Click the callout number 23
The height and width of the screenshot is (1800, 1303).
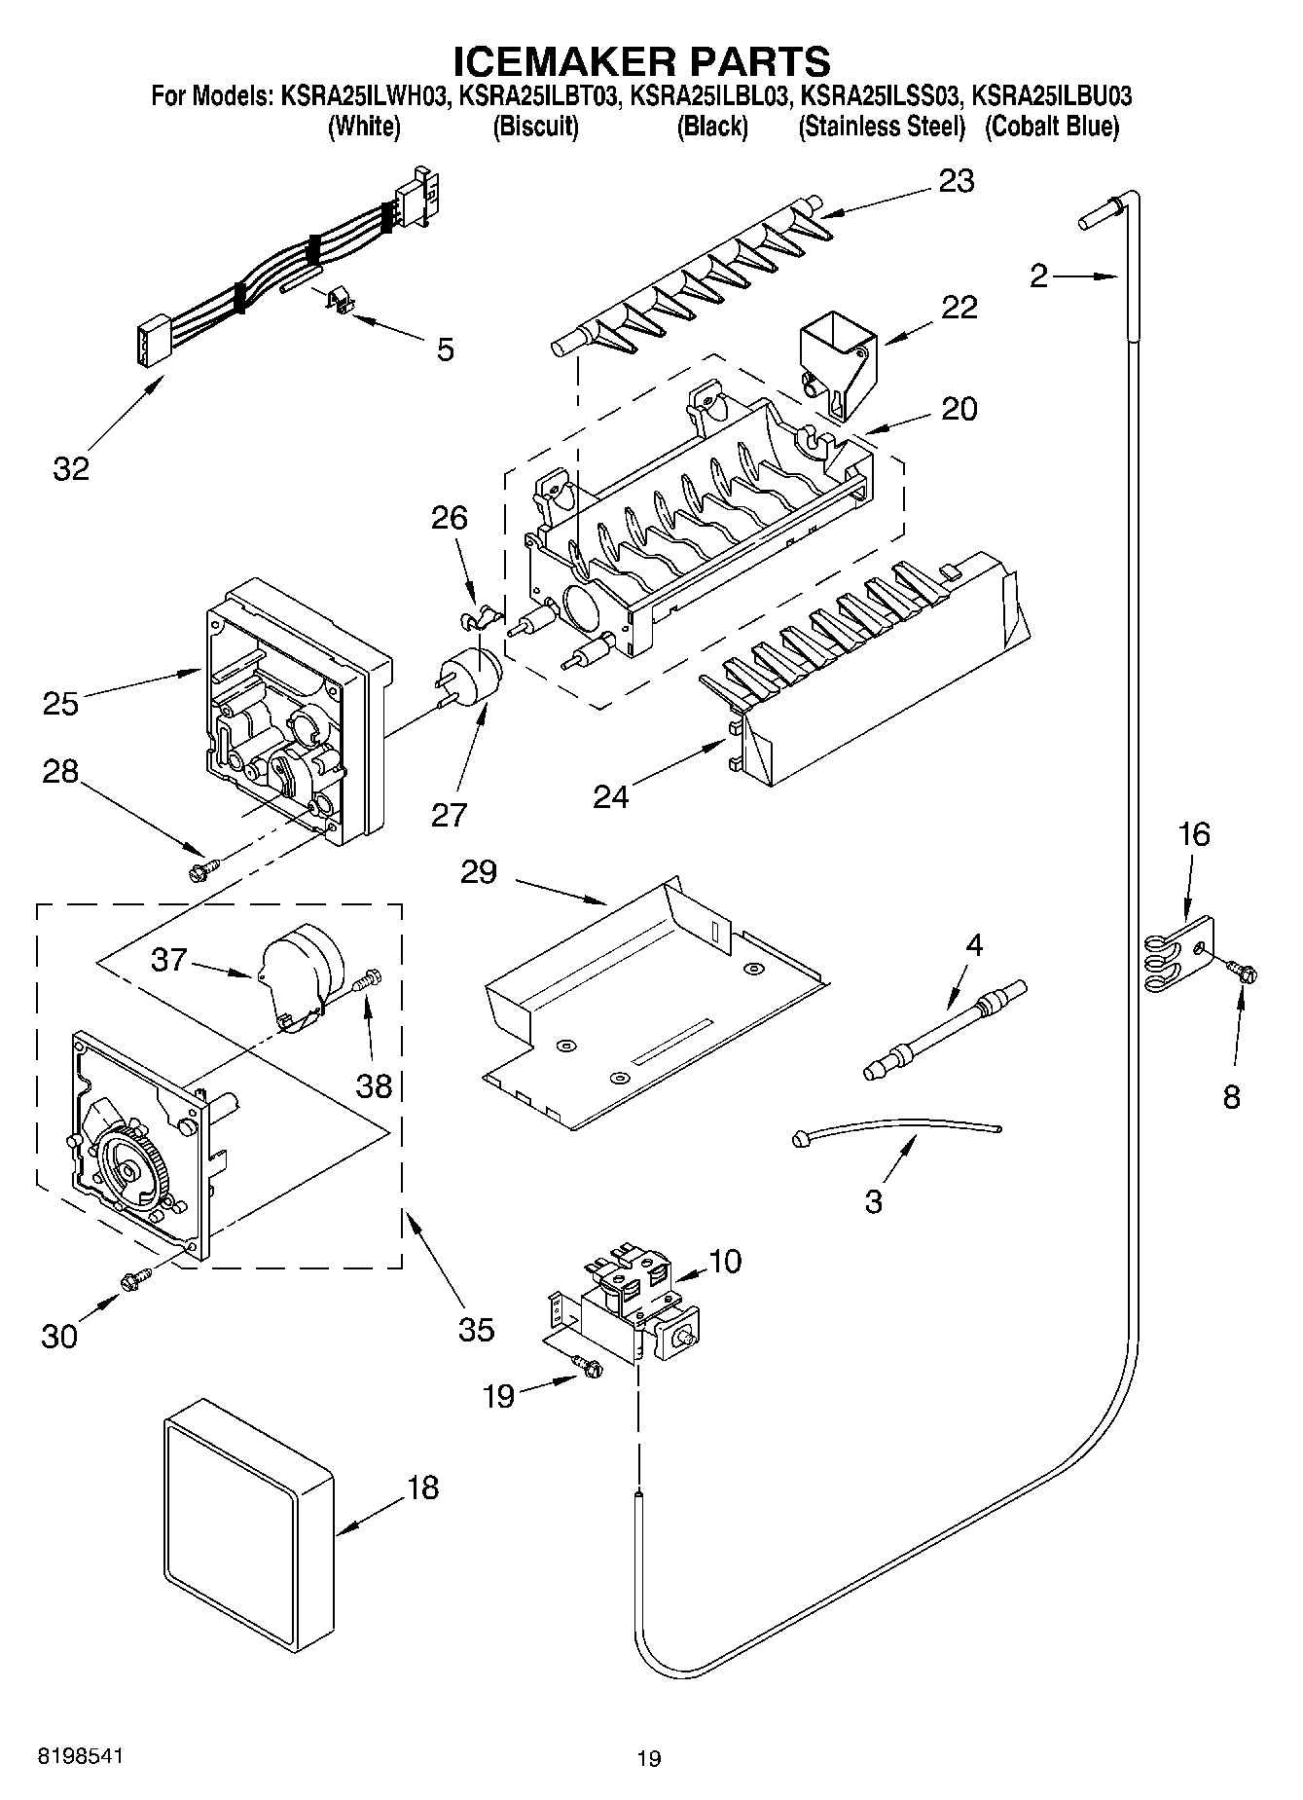point(956,181)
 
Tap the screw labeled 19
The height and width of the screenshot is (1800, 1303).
point(588,1367)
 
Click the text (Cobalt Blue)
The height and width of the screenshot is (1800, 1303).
point(1051,127)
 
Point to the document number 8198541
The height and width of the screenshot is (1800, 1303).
point(82,1756)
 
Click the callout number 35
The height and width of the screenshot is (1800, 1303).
point(476,1329)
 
